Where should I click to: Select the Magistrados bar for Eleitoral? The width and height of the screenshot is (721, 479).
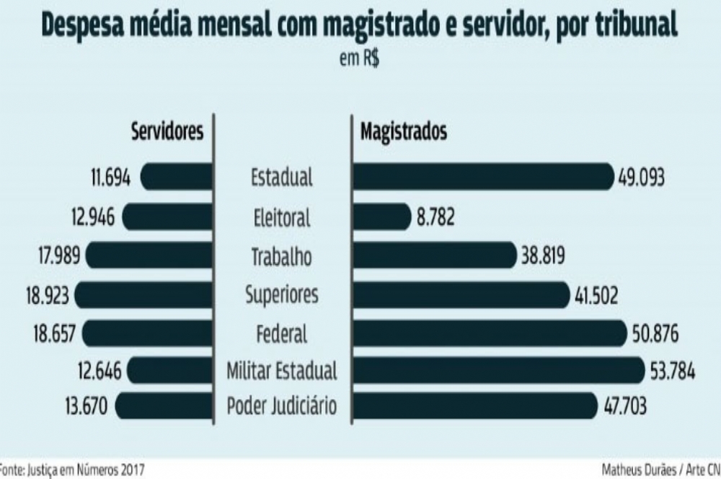[382, 216]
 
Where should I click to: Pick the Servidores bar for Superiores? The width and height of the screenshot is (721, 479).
[144, 294]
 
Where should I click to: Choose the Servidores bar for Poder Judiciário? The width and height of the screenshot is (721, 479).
[164, 405]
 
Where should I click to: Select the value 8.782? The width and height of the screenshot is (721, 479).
[435, 216]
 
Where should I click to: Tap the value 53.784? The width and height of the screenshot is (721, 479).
[671, 372]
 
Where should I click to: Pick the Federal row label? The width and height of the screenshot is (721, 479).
[282, 334]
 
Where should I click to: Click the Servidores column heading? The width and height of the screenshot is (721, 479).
[167, 132]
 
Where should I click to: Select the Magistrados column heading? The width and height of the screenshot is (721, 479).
[403, 132]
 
